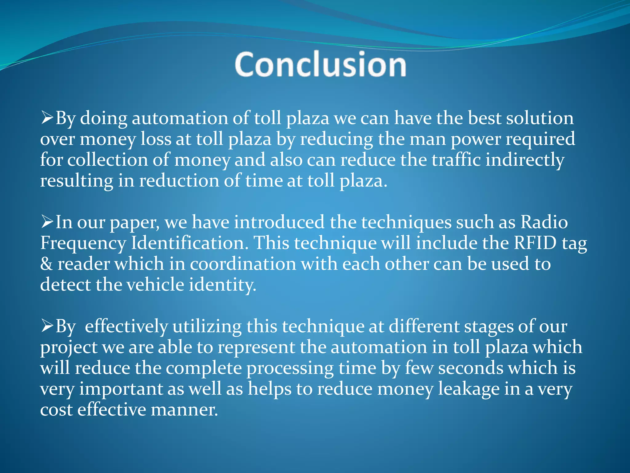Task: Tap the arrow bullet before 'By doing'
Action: pyautogui.click(x=47, y=118)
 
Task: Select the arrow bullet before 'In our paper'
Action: pyautogui.click(x=47, y=222)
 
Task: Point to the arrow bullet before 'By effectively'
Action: pyautogui.click(x=47, y=326)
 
